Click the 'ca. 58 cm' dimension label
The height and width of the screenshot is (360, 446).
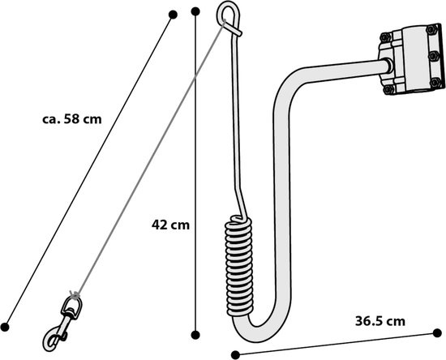pyautogui.click(x=72, y=119)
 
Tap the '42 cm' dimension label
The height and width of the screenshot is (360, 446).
pyautogui.click(x=170, y=225)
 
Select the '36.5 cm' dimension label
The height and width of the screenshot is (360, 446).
pyautogui.click(x=380, y=321)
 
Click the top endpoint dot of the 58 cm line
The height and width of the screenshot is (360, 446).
pyautogui.click(x=173, y=15)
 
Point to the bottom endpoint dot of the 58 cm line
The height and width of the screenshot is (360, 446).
pyautogui.click(x=5, y=328)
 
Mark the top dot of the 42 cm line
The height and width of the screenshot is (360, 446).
pyautogui.click(x=195, y=11)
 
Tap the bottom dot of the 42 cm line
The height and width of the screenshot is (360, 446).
pyautogui.click(x=195, y=335)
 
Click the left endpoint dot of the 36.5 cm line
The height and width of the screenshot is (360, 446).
pyautogui.click(x=235, y=355)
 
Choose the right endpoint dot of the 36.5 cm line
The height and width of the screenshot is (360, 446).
pyautogui.click(x=437, y=333)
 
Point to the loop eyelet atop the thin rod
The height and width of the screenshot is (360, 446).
pyautogui.click(x=229, y=18)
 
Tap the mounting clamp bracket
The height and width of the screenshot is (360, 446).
pyautogui.click(x=412, y=59)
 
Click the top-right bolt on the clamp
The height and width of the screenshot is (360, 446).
pyautogui.click(x=431, y=29)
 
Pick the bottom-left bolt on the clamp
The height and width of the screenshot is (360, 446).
pyautogui.click(x=388, y=89)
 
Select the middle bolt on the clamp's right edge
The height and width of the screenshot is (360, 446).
pyautogui.click(x=433, y=56)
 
